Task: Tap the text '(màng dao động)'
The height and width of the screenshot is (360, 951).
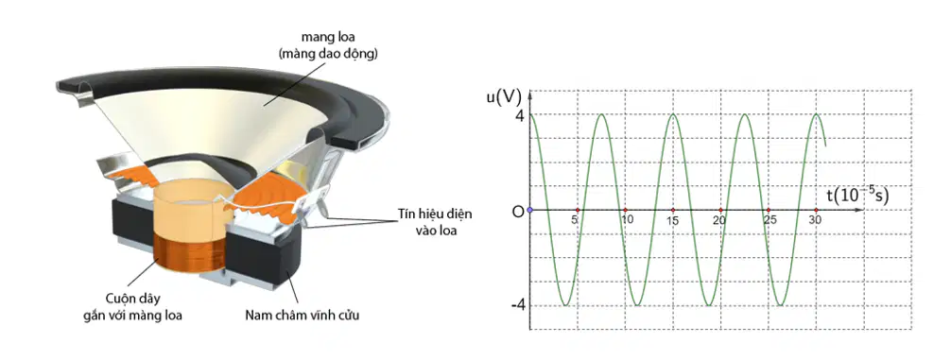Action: coord(327,55)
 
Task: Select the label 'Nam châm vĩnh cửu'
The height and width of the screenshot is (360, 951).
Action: coord(303,316)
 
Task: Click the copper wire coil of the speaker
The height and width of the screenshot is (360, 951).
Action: coord(189,257)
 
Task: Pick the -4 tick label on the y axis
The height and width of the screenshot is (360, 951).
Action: coord(517,305)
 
